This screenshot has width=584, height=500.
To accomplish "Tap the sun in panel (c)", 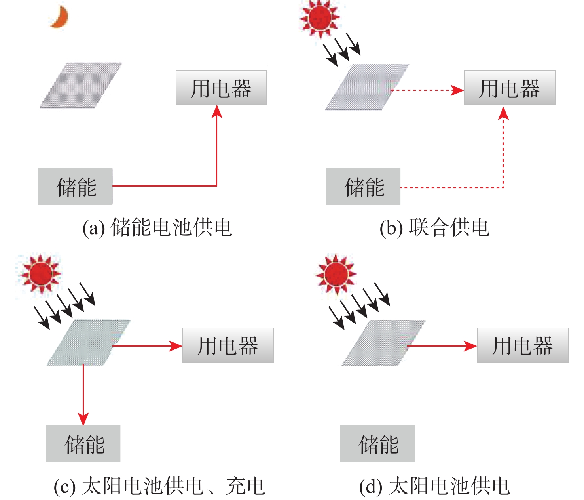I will tap(40, 273).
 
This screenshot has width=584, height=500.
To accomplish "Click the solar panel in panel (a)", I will tap(81, 85).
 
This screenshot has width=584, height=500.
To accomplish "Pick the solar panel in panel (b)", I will tap(367, 87).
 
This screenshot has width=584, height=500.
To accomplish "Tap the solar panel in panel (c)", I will tap(89, 342).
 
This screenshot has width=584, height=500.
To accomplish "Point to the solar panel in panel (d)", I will tap(383, 343).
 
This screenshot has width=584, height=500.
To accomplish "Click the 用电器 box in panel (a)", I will tap(221, 88).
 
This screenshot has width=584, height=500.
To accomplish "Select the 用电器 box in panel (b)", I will tap(509, 88).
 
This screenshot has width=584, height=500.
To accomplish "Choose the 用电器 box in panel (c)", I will tap(228, 345).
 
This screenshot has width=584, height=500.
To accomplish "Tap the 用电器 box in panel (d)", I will tap(522, 345).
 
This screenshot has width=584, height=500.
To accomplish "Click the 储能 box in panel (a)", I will tap(76, 186).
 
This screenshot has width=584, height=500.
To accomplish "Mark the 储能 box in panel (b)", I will tap(363, 186).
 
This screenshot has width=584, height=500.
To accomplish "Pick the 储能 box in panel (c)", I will tap(83, 444).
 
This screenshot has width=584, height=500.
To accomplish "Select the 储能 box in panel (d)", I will tap(377, 444).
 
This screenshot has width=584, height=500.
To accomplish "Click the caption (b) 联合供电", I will tap(434, 228).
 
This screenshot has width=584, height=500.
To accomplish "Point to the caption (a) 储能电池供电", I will tap(157, 228).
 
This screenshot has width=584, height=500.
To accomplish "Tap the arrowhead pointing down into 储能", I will tap(83, 419).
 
